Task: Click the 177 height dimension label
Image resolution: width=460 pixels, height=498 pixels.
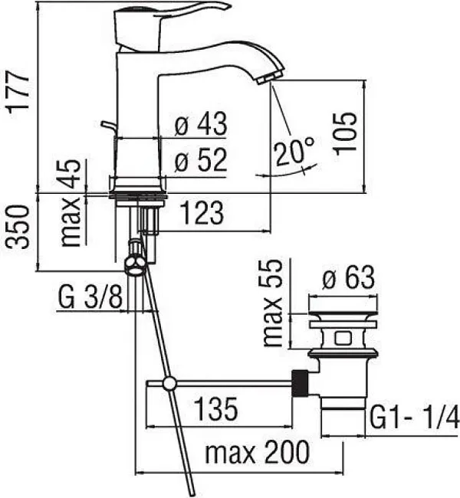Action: click(x=18, y=91)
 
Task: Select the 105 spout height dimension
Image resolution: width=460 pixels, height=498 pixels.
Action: click(x=345, y=133)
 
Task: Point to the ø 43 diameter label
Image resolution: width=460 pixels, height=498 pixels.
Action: click(x=201, y=123)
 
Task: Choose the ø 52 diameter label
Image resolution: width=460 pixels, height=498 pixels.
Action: click(x=201, y=160)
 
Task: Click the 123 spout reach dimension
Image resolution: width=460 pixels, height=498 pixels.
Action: click(x=202, y=213)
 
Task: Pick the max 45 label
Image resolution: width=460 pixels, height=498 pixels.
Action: click(x=71, y=203)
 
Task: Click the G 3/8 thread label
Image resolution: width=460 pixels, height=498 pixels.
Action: click(x=90, y=297)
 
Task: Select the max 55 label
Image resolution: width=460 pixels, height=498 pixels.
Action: click(x=273, y=303)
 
